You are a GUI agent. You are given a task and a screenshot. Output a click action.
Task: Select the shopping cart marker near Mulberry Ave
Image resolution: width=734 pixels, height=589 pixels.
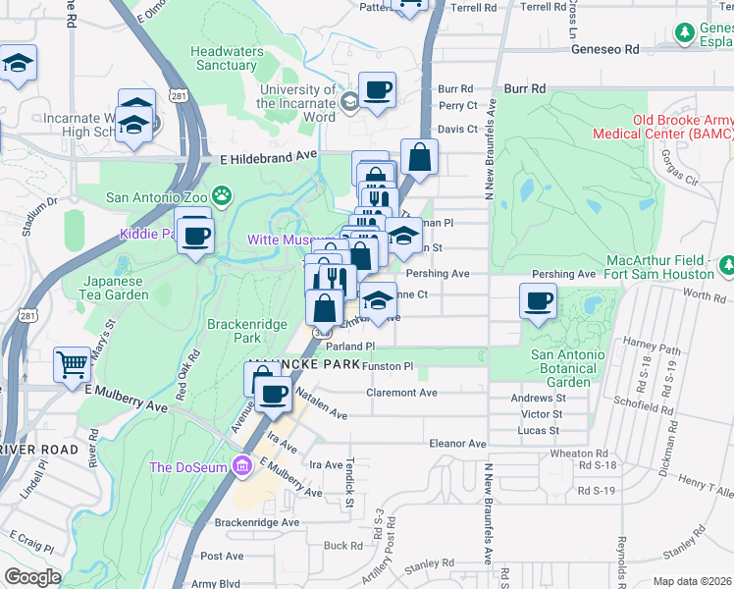(73, 365)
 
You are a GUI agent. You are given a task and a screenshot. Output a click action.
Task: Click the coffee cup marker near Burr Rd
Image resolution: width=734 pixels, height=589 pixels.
(378, 91)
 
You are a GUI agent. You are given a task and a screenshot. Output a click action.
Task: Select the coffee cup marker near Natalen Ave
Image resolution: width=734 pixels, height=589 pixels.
(274, 394)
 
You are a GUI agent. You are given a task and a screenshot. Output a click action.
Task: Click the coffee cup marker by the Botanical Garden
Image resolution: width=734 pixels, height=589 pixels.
(538, 300)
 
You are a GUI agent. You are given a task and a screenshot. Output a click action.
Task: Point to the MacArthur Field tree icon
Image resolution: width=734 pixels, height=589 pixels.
(727, 265)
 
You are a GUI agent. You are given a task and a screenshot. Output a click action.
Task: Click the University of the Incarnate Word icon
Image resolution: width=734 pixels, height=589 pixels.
(349, 101)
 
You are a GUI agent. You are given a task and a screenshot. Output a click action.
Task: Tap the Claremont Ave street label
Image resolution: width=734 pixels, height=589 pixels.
(401, 393)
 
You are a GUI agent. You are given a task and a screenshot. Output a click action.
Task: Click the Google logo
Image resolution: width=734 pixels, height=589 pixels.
(32, 577)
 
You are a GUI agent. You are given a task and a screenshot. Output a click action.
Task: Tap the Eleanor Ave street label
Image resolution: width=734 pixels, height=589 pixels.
(457, 444)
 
